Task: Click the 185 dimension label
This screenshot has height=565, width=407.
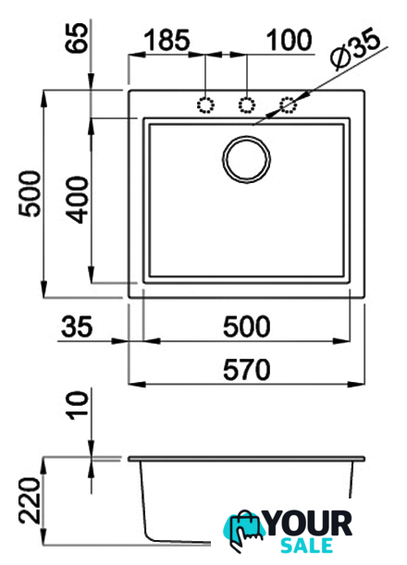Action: tap(166, 40)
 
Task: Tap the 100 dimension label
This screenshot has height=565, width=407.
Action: tap(290, 40)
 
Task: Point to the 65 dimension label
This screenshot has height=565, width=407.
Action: tap(77, 38)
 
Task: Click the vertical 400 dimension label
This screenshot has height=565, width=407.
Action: tap(78, 200)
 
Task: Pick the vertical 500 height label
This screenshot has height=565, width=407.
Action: tap(31, 194)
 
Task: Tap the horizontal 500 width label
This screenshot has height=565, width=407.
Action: tap(247, 326)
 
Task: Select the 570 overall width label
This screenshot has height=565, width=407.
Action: tap(247, 370)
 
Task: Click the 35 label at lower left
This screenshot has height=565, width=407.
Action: tap(77, 326)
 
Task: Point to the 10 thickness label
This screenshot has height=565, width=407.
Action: tap(78, 405)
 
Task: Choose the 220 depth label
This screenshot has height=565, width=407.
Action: tap(31, 500)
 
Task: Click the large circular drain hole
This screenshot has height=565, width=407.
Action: tap(246, 159)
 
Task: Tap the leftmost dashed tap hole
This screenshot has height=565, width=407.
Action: tap(205, 105)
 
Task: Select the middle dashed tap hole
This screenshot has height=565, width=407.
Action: tap(247, 105)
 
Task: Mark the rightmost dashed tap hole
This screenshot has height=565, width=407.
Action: tap(289, 104)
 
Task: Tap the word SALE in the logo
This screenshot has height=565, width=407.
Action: tap(306, 546)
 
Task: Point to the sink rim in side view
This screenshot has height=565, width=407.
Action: tap(247, 459)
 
